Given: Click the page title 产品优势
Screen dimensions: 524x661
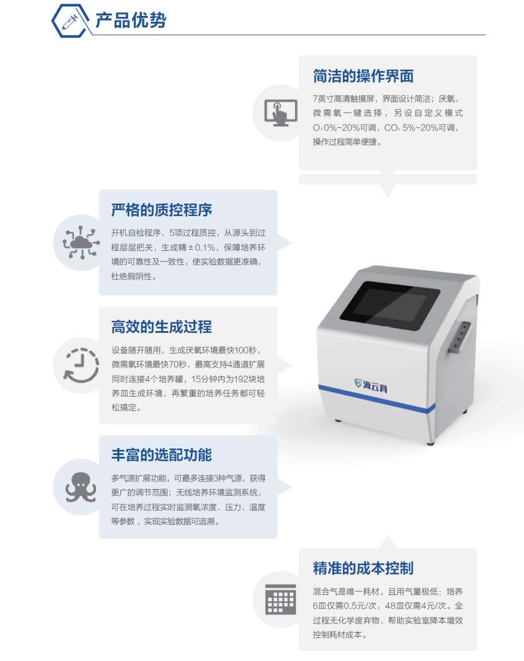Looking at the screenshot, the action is (131, 20).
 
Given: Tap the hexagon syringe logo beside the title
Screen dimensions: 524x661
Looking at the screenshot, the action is (70, 21).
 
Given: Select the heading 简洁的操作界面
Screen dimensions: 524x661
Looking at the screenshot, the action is (364, 76).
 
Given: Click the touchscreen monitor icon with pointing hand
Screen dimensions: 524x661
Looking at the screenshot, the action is (281, 113).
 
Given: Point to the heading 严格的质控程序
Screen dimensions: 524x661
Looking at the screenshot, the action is (161, 210).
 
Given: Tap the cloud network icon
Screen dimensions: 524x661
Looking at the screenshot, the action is (81, 243).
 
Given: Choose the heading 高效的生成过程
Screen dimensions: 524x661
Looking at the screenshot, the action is (161, 327).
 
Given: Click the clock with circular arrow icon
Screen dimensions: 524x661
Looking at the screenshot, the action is (81, 365).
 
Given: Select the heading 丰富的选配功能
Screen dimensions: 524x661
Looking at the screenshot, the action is (161, 455).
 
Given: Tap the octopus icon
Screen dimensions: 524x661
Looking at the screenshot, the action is (81, 487).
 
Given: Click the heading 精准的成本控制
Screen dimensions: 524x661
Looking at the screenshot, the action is (364, 568).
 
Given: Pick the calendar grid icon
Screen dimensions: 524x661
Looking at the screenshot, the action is (281, 599).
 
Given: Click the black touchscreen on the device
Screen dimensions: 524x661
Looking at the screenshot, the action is (390, 306).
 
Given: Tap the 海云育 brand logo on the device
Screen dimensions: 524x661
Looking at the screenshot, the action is (371, 385).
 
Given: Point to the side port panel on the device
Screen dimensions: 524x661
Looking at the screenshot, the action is (458, 337).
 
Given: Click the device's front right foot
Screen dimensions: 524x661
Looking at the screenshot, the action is (430, 443).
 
